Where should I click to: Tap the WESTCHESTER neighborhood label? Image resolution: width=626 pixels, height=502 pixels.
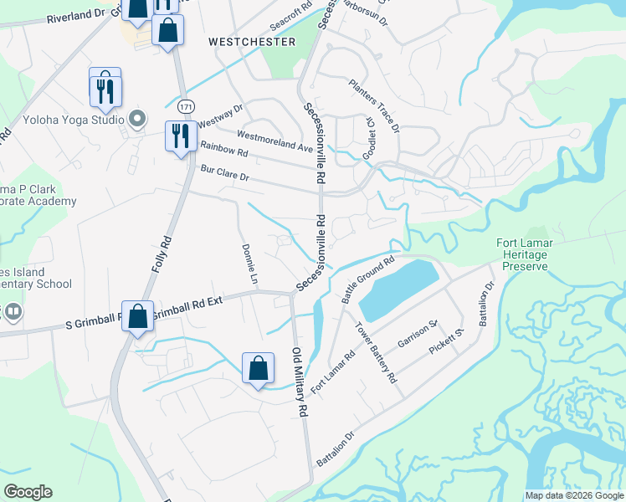[252, 42]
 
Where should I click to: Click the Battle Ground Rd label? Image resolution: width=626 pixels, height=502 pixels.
[368, 279]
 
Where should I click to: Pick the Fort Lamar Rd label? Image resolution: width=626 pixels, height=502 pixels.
[333, 372]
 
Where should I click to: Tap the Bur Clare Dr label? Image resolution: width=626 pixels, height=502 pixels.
[225, 172]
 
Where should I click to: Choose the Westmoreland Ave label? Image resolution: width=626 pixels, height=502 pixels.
[275, 141]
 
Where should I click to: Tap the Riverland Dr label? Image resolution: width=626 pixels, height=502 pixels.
[78, 17]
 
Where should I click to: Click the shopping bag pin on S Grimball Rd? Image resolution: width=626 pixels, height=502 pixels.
[138, 316]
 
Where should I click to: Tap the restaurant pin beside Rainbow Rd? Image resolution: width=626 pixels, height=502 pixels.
[181, 136]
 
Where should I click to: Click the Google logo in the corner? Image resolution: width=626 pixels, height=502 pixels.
[28, 492]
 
